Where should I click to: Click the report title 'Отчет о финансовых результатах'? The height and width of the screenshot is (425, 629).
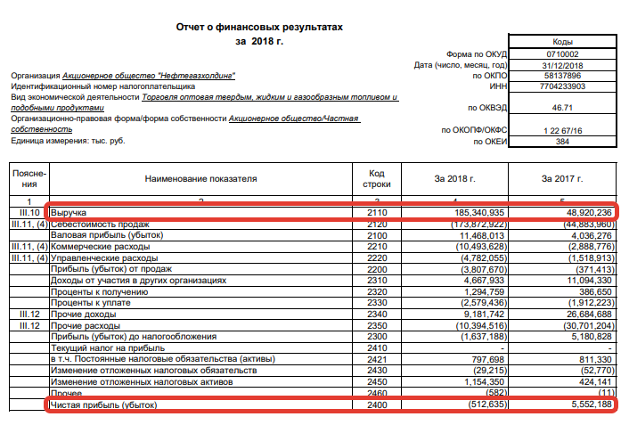[258, 28]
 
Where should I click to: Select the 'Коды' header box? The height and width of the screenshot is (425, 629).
[562, 41]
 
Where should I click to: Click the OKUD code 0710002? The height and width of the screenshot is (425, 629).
[562, 53]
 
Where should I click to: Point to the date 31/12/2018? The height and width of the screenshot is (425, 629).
[562, 65]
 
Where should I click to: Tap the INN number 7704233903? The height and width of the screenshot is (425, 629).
[562, 87]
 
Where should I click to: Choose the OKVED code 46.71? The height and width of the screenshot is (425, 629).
[562, 107]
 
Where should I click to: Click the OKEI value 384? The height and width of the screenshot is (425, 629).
[562, 141]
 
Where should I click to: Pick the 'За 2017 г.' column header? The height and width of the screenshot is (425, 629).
[560, 178]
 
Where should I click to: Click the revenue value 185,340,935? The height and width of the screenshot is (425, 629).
[480, 214]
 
